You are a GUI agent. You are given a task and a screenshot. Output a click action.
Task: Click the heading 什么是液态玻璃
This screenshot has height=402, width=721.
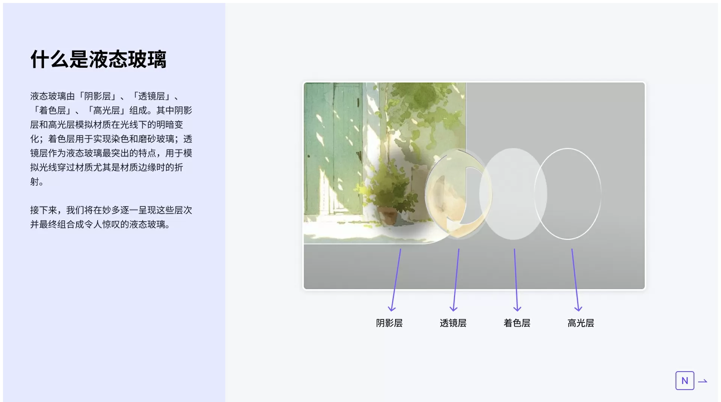[98, 59]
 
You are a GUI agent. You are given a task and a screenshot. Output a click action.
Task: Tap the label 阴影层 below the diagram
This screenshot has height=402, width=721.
[389, 323]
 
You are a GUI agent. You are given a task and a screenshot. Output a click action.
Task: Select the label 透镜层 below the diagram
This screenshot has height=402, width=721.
[453, 323]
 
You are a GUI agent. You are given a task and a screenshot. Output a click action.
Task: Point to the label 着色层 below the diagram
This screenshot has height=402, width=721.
[517, 323]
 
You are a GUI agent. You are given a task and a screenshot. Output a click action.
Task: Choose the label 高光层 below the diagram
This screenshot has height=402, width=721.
[581, 323]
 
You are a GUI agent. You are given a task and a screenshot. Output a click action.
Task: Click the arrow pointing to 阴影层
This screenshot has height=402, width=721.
[396, 280]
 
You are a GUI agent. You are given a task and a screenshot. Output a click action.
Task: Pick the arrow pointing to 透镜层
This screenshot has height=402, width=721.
[456, 280]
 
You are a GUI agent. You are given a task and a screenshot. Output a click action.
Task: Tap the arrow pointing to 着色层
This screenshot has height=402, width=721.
[516, 280]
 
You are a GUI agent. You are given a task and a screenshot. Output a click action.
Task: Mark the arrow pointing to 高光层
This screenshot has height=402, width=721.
[575, 280]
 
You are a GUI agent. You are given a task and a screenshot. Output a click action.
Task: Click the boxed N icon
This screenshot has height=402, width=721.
[685, 381]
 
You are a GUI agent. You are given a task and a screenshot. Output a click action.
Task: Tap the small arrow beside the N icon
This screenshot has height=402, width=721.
[703, 381]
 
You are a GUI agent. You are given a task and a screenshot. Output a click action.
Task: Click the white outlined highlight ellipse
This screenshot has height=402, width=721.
[535, 194]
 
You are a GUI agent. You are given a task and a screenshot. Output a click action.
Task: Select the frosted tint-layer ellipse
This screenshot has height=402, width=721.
[513, 194]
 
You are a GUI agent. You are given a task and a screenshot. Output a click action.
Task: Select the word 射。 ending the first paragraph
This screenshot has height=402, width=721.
[37, 182]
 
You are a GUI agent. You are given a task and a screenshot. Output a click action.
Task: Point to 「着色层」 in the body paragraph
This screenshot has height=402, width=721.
[53, 110]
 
